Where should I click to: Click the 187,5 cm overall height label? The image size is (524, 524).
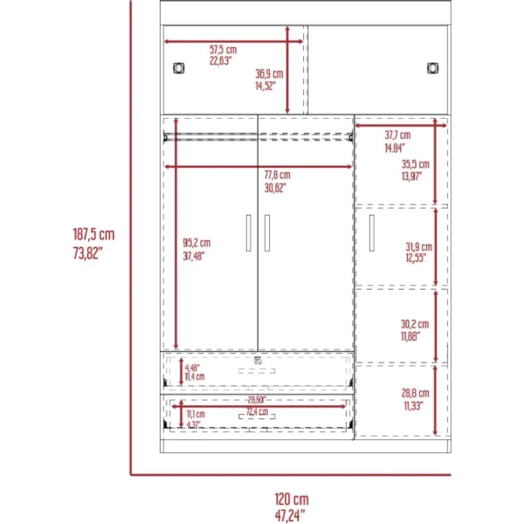point(93,234)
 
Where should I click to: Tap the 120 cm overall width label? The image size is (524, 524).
point(292,500)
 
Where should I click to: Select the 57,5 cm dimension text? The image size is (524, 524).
point(224,50)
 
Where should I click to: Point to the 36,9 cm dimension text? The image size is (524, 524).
point(269,74)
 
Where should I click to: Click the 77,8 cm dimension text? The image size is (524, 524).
point(278,175)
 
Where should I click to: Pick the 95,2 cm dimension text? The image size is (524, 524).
point(196,243)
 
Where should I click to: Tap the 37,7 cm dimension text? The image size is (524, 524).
point(397,135)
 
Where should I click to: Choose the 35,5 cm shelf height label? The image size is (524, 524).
point(416,164)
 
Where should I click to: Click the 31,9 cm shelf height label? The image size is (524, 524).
point(418,247)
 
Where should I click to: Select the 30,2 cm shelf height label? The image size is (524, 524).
point(415,324)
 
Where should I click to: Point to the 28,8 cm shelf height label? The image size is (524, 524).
point(416,393)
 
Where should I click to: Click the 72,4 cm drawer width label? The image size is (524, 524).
point(258,411)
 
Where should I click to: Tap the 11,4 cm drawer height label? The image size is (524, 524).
point(195,376)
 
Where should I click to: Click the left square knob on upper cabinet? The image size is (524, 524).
point(179,68)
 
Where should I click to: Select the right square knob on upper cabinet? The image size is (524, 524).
point(433,68)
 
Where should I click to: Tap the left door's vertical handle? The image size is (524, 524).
point(249,233)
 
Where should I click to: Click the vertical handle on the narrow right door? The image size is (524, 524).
point(372,233)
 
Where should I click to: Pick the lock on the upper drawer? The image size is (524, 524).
point(258,361)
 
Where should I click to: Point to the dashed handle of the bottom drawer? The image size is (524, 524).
point(257,417)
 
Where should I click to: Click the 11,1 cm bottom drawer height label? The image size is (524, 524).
point(196,414)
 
